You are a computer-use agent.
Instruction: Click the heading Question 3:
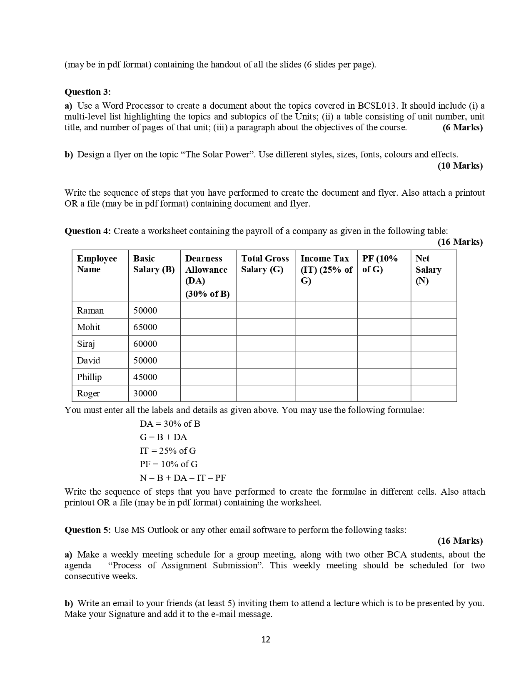[87, 92]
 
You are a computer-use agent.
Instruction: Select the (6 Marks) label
[462, 127]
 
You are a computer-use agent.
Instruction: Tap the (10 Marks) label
[460, 166]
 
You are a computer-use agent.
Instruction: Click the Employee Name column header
[97, 264]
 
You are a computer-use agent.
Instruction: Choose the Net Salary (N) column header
[428, 269]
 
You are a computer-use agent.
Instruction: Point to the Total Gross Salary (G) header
[265, 264]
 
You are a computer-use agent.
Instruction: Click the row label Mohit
[88, 327]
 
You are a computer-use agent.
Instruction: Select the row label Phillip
[89, 377]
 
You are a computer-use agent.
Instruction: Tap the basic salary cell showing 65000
[145, 327]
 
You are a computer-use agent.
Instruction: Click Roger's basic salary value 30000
[145, 393]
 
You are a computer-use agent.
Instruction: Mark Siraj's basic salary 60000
[145, 344]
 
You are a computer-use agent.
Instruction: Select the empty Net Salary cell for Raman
[433, 311]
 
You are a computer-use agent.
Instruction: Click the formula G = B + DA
[163, 437]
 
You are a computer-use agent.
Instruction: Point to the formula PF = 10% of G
[169, 464]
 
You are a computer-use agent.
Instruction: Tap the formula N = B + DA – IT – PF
[182, 478]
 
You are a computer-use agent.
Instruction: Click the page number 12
[266, 640]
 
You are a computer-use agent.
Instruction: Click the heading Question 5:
[87, 530]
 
